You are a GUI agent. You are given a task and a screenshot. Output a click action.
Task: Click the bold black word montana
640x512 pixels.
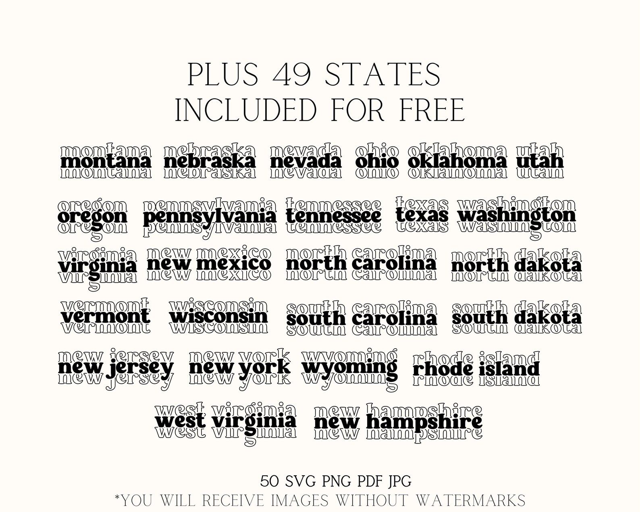click(106, 162)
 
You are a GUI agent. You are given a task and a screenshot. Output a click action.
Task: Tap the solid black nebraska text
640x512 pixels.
click(210, 162)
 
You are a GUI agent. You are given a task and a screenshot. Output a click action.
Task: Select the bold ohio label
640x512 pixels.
click(377, 162)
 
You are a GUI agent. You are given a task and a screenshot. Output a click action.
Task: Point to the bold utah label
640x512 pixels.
click(540, 162)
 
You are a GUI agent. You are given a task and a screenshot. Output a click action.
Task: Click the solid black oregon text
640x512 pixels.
click(92, 217)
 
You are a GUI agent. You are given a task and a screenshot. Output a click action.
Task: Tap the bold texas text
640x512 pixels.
click(422, 215)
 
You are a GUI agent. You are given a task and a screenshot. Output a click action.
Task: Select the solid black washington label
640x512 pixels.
click(517, 215)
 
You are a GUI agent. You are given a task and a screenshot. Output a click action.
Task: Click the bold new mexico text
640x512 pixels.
click(209, 264)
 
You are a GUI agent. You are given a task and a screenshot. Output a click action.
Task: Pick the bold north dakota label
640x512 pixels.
click(516, 266)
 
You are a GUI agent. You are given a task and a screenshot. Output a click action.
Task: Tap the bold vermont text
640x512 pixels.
click(106, 316)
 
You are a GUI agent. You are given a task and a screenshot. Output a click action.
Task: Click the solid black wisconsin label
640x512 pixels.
click(218, 316)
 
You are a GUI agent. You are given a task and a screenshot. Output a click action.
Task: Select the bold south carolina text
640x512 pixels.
click(362, 319)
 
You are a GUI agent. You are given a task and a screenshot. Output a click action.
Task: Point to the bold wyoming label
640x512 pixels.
click(349, 367)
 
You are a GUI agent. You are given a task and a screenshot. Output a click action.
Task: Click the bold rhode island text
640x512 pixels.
click(476, 369)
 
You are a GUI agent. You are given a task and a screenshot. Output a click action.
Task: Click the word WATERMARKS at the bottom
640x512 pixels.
click(470, 500)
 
